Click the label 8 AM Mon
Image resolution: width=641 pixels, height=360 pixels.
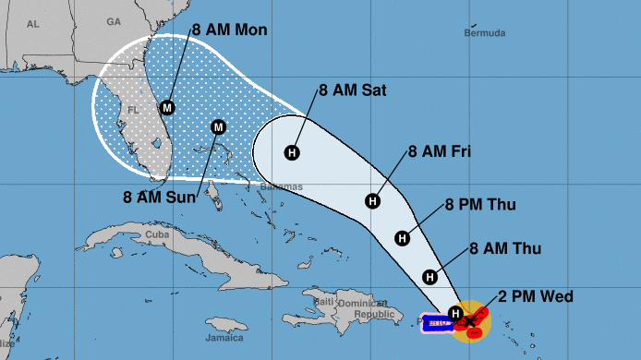(229, 30)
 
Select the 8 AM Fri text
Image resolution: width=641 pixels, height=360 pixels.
(439, 150)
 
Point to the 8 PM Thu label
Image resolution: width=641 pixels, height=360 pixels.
(479, 204)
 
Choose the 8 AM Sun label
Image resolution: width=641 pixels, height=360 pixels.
(161, 196)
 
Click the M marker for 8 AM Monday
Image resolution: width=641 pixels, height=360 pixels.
(167, 107)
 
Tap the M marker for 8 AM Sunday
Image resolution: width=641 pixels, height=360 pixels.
(219, 126)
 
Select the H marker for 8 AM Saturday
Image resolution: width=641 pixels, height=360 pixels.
(293, 152)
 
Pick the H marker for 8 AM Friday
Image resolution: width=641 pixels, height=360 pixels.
(373, 199)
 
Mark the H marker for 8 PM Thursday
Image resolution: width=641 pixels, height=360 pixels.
(403, 238)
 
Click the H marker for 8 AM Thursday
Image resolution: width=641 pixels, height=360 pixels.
(429, 276)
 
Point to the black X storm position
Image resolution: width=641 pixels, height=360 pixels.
(470, 320)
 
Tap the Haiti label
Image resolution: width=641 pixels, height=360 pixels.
(323, 302)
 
